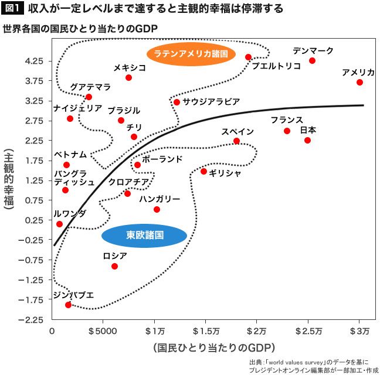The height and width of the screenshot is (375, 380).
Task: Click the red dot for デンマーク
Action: click(x=312, y=60)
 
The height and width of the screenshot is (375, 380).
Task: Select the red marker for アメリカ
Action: click(x=359, y=82)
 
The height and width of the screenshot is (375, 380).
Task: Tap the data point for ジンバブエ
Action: click(x=68, y=305)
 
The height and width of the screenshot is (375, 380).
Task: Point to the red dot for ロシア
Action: click(x=114, y=266)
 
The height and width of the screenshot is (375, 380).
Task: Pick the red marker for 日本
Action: click(x=307, y=140)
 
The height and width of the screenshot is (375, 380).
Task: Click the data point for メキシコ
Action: click(x=128, y=77)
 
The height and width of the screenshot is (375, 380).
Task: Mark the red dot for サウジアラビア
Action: click(x=177, y=102)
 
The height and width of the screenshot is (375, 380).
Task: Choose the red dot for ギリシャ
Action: click(x=203, y=171)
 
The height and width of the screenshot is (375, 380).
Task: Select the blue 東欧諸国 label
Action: click(x=144, y=235)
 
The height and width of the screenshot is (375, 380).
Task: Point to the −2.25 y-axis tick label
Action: click(x=33, y=320)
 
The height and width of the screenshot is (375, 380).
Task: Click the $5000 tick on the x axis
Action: click(x=103, y=332)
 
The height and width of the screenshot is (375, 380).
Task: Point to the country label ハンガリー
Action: click(x=160, y=199)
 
